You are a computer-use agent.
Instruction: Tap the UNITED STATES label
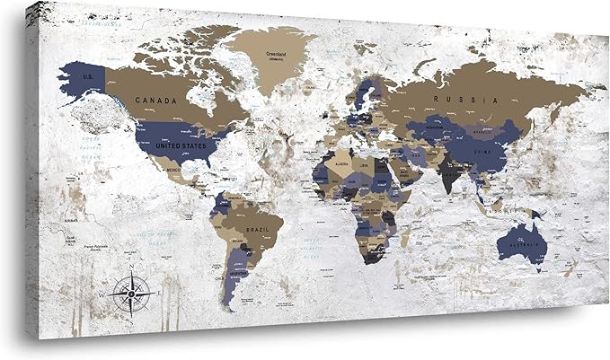tap(181, 145)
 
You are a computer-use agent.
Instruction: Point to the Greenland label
tap(275, 54)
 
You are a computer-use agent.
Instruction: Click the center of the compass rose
tap(132, 293)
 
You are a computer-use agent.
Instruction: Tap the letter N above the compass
tap(132, 268)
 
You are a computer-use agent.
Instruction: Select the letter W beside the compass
tap(102, 294)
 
